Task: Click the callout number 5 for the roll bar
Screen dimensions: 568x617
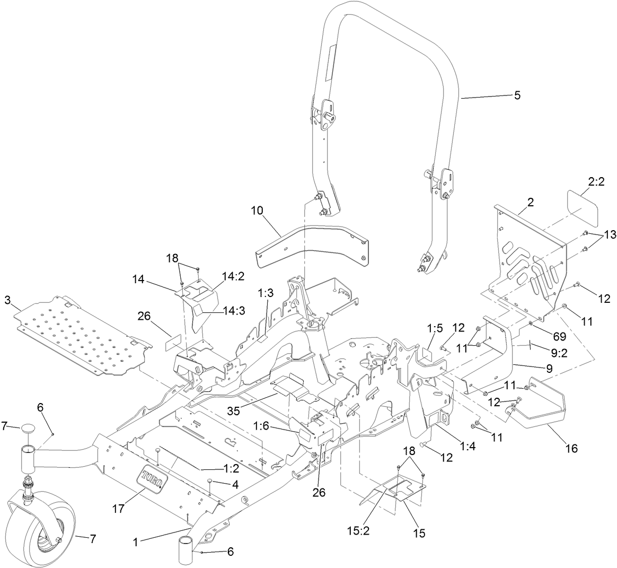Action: [517, 95]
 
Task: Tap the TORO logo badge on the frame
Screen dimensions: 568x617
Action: [153, 478]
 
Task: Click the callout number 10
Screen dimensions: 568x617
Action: [257, 211]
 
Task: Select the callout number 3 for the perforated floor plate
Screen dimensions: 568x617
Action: [7, 300]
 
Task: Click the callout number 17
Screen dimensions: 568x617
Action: [118, 509]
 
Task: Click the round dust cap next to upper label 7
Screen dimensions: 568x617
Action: [28, 427]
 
